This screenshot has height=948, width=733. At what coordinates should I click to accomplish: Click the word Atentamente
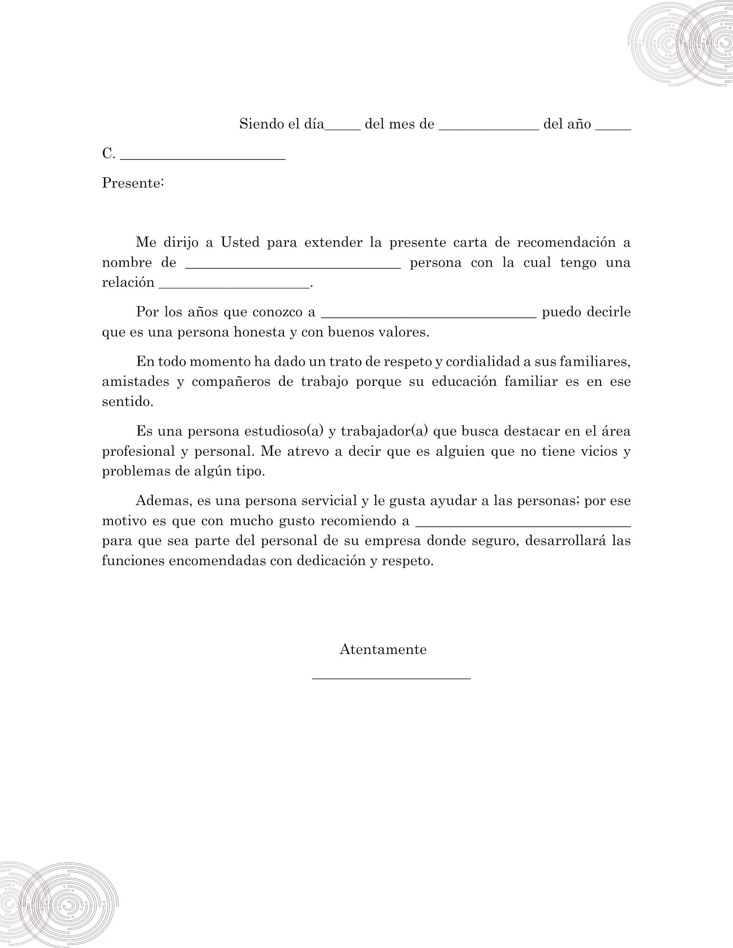(383, 650)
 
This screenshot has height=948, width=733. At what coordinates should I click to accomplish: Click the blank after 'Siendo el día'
(343, 128)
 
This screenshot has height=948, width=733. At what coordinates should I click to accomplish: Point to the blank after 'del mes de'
(489, 128)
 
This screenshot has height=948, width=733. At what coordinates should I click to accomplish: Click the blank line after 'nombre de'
(293, 267)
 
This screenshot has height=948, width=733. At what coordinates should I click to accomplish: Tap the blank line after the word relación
(235, 287)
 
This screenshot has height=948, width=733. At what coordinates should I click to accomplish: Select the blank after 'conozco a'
(429, 316)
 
